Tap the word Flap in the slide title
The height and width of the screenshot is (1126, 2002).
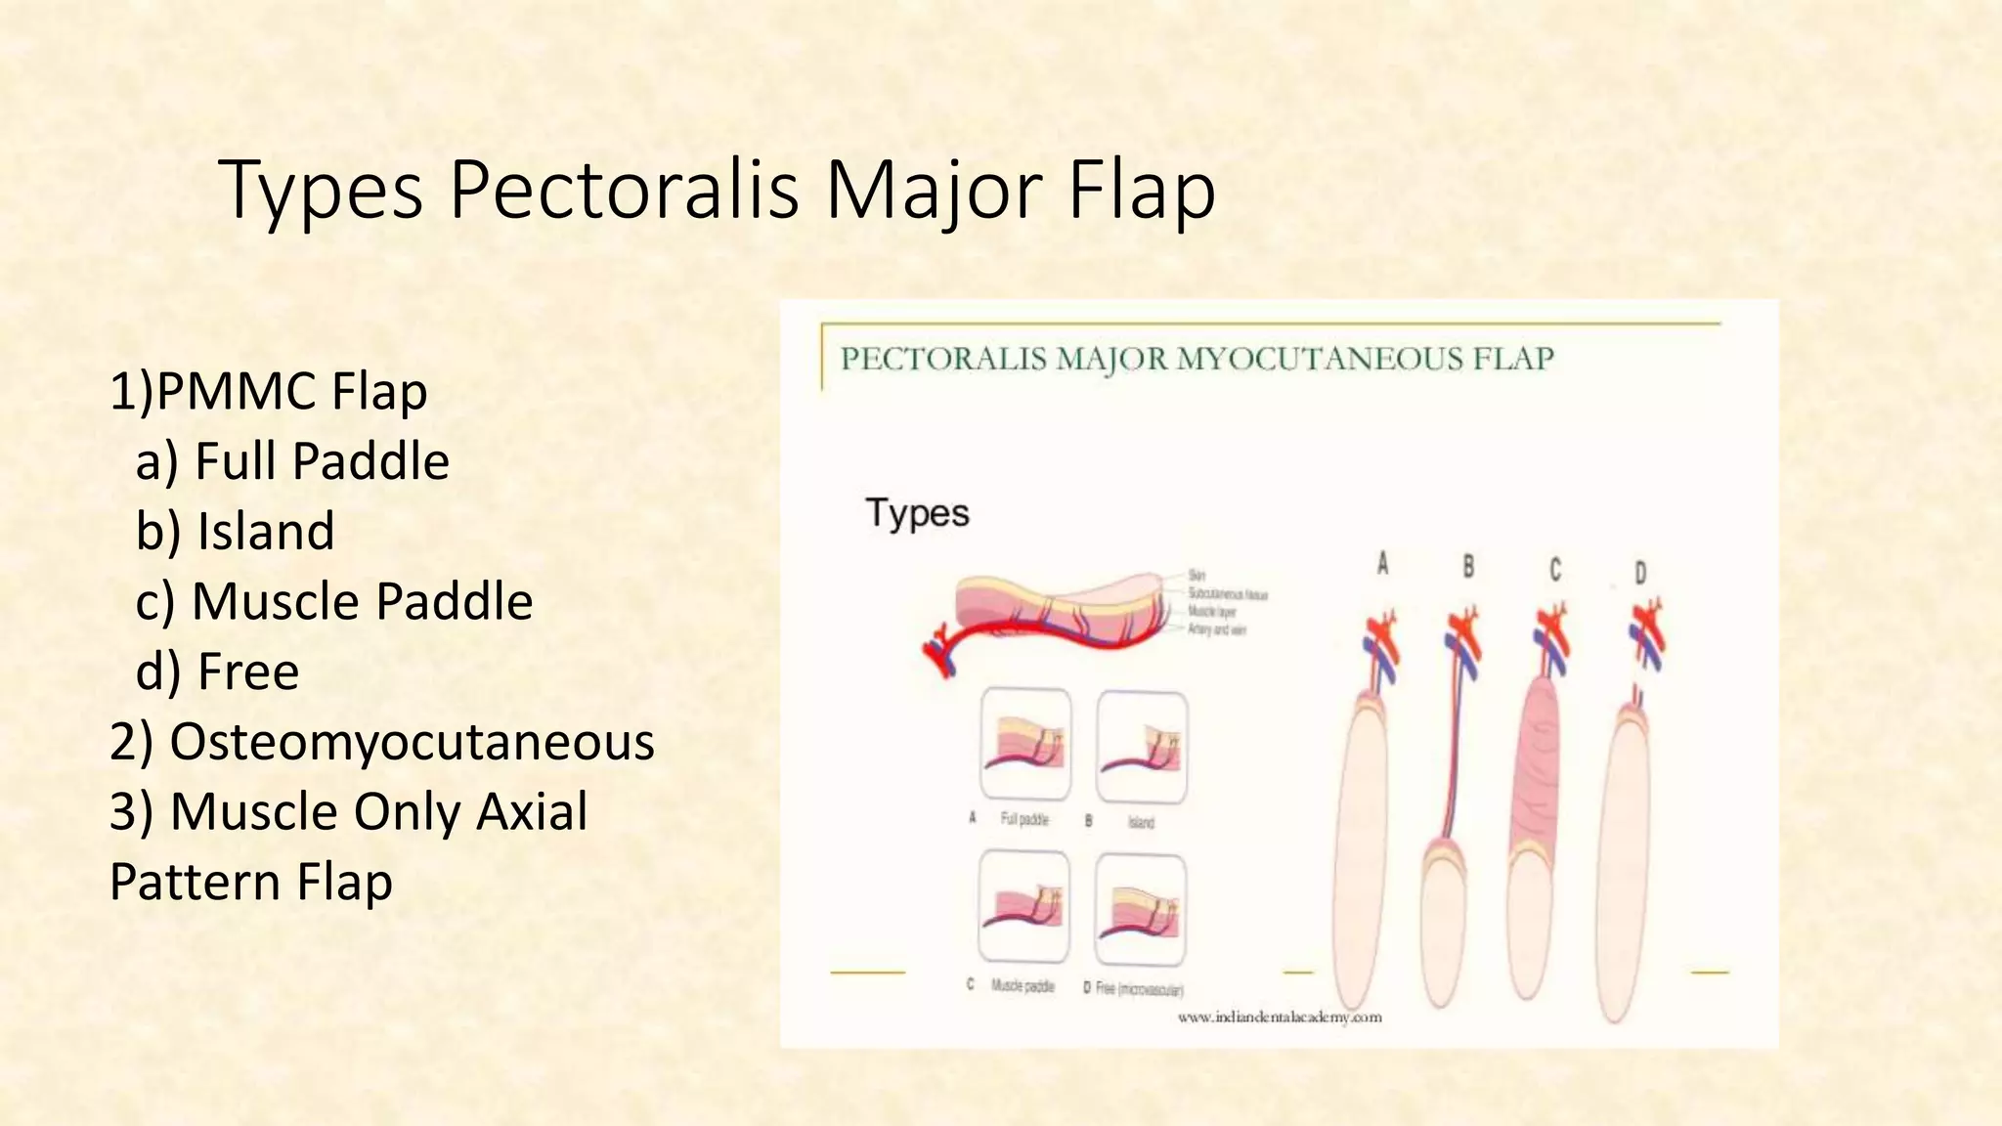1141,190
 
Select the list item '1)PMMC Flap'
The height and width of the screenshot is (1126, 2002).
268,391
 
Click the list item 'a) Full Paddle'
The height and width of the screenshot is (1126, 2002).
292,461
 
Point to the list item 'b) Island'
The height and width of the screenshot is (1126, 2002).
235,532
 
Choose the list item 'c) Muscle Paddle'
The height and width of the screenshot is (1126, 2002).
334,601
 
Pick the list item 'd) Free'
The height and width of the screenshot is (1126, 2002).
217,671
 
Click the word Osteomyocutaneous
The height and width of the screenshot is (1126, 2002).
411,742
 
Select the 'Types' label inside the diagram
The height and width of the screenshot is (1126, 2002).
917,513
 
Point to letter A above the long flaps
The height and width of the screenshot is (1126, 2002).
1382,564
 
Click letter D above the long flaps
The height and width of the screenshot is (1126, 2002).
1640,573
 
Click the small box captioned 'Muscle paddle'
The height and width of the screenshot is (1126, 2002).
1023,907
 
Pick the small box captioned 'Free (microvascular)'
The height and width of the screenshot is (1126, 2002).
1141,909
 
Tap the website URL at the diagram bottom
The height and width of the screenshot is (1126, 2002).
1279,1018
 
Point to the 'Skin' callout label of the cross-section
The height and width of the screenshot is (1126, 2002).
1197,576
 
